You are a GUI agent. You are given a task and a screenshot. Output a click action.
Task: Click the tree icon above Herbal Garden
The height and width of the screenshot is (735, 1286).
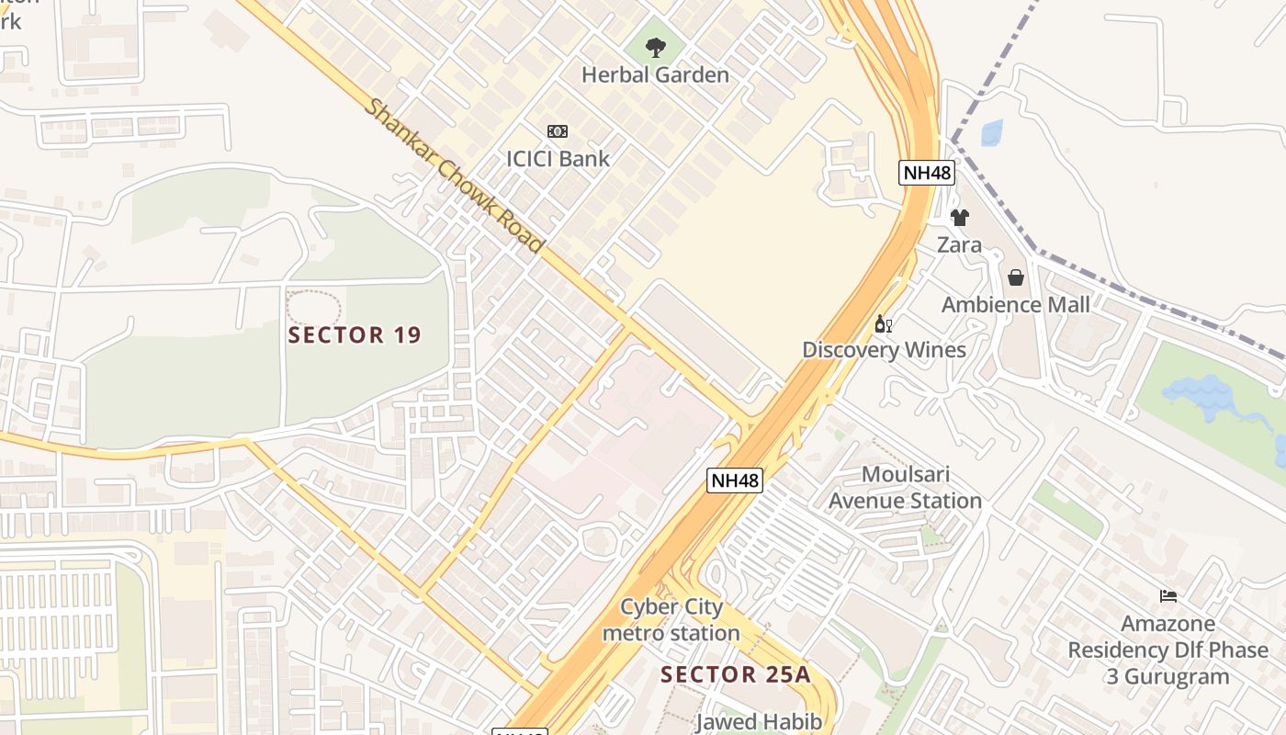point(655,47)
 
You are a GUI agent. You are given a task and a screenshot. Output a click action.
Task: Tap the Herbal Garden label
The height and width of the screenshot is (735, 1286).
point(655,75)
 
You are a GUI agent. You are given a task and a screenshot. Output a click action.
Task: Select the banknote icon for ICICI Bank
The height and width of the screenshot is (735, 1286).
point(558,131)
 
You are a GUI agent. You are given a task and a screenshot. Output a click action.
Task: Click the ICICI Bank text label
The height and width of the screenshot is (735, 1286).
point(558,159)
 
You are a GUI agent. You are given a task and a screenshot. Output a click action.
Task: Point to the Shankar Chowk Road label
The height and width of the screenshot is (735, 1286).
point(454,175)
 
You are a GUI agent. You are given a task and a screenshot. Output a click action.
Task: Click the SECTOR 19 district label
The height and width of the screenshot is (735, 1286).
point(355,335)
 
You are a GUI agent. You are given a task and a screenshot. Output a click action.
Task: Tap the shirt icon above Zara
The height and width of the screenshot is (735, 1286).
point(959,218)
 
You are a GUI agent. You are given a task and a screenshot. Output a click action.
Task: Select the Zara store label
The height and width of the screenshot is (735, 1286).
point(959,245)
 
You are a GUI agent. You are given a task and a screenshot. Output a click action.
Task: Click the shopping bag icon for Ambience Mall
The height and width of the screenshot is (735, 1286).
point(1016,277)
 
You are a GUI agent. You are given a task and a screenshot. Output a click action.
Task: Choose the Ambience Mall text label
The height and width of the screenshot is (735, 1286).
point(1016,305)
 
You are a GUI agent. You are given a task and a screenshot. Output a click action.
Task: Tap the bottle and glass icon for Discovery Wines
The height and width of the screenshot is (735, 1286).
point(884,323)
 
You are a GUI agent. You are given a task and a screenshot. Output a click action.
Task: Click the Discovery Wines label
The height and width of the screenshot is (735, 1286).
point(884,350)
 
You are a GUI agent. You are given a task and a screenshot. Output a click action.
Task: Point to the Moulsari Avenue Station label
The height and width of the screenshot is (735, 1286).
point(905,488)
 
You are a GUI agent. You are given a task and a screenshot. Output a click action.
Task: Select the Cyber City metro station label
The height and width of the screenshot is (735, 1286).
point(671,620)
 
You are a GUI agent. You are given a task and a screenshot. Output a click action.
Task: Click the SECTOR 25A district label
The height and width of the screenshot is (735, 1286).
point(736,674)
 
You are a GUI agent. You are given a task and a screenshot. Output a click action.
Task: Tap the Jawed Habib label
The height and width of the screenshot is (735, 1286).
point(759,722)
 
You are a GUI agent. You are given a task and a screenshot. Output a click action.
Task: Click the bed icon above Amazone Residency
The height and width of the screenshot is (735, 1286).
point(1168,596)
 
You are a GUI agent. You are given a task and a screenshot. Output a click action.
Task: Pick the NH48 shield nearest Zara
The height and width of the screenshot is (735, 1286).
point(926,173)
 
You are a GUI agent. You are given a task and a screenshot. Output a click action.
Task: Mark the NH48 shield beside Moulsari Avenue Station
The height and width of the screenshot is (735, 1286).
point(735,480)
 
